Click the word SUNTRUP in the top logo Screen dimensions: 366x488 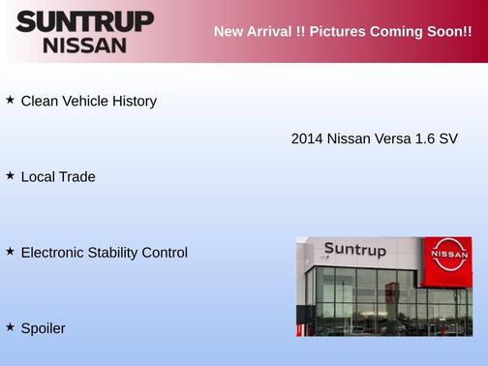[84, 21]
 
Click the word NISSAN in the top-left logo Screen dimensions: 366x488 [84, 45]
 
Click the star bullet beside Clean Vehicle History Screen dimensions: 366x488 [10, 100]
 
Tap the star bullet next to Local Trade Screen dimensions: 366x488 [10, 176]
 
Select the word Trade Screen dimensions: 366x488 [76, 177]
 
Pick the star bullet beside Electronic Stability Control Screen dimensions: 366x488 [10, 252]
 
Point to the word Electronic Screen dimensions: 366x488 [52, 253]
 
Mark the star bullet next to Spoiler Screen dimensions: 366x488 [10, 327]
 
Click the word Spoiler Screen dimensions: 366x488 [43, 329]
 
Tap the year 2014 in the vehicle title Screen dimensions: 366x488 [307, 139]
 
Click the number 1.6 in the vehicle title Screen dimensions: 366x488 [425, 139]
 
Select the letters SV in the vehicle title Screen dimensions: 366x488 [448, 139]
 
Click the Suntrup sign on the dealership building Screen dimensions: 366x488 [354, 250]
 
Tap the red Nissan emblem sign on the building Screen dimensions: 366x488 [448, 255]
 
